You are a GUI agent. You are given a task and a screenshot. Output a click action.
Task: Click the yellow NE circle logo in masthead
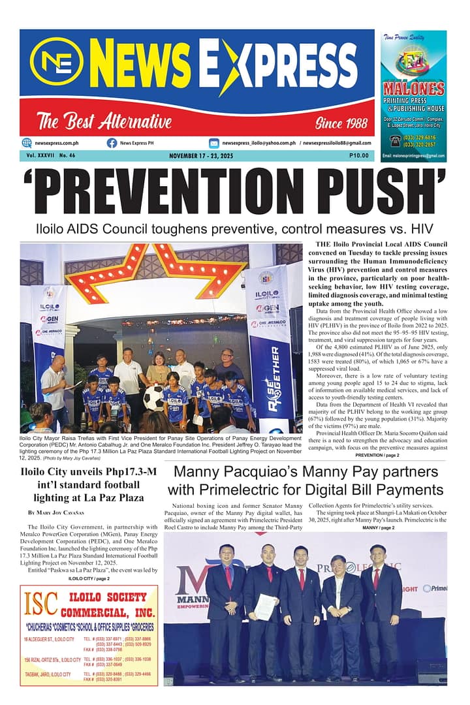point(57,63)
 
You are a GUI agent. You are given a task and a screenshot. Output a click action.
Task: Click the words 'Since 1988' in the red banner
point(336,122)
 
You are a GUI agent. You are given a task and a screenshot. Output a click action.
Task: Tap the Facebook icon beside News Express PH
point(112,143)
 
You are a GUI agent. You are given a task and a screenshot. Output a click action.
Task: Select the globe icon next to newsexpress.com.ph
point(27,143)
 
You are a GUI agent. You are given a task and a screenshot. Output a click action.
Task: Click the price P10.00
point(358,156)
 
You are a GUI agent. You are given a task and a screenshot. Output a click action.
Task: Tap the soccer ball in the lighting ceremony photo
point(154,398)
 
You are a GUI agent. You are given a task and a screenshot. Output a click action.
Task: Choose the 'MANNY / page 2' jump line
point(378,527)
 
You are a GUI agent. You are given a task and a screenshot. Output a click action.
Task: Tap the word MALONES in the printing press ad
point(414,89)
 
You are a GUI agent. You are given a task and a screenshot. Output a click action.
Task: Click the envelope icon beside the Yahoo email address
point(213,143)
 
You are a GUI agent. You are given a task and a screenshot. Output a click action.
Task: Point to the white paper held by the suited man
point(264,606)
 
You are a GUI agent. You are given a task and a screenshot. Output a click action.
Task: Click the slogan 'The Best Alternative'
point(104,121)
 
